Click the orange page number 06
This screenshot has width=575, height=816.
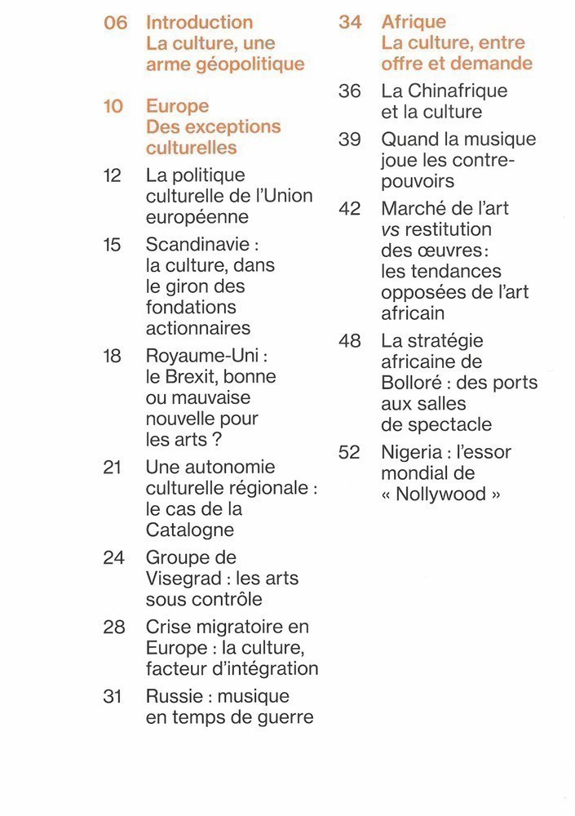[116, 23]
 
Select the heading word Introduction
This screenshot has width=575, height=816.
[199, 23]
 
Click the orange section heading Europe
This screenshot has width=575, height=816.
[177, 106]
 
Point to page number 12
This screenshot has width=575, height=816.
[113, 175]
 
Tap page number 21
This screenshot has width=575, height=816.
[113, 468]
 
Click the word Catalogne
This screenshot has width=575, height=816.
[189, 530]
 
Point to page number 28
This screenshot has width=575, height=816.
[113, 628]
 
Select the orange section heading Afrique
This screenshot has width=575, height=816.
[414, 23]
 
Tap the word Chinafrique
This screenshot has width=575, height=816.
[444, 91]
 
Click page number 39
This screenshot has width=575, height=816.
[350, 140]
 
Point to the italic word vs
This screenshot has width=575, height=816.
[391, 229]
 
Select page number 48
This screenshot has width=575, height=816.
[350, 341]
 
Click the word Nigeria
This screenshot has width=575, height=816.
[414, 452]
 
